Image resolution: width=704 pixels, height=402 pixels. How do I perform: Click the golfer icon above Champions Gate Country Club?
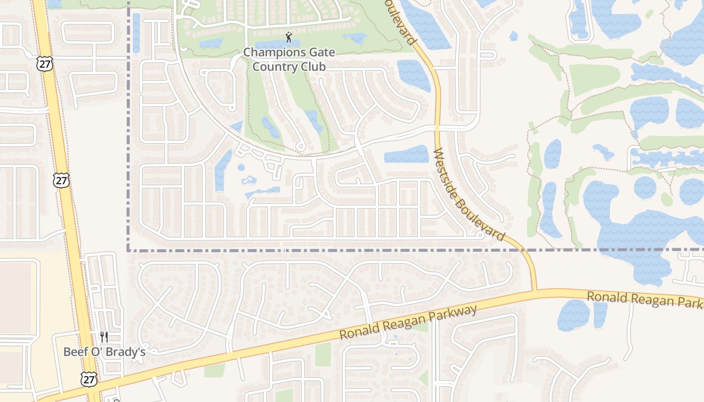[x=289, y=37]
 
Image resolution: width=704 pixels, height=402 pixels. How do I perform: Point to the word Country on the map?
[x=274, y=66]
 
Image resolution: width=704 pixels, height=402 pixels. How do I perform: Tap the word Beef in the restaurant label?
[x=74, y=352]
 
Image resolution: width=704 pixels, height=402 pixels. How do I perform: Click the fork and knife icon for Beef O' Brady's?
[x=104, y=337]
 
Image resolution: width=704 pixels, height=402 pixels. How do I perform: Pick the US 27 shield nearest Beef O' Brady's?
[x=89, y=379]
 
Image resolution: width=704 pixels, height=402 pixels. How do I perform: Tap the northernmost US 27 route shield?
[x=44, y=63]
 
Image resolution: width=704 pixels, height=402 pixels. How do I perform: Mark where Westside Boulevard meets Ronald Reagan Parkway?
[x=535, y=290]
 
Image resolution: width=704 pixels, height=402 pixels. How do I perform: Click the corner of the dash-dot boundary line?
[x=128, y=250]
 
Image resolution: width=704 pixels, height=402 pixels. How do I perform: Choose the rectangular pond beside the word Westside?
[x=406, y=155]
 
